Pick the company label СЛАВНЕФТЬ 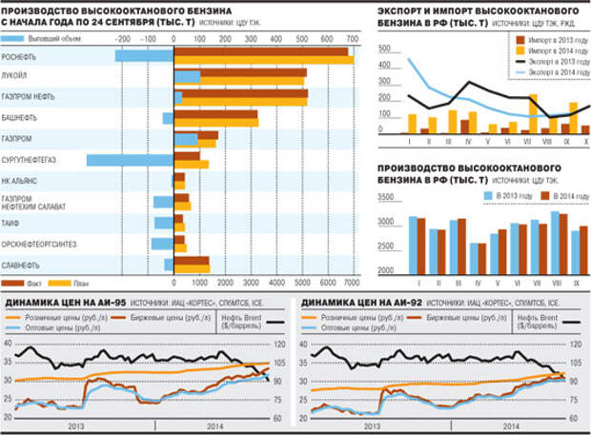22,264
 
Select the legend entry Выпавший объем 56,38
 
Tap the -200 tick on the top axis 122,38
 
